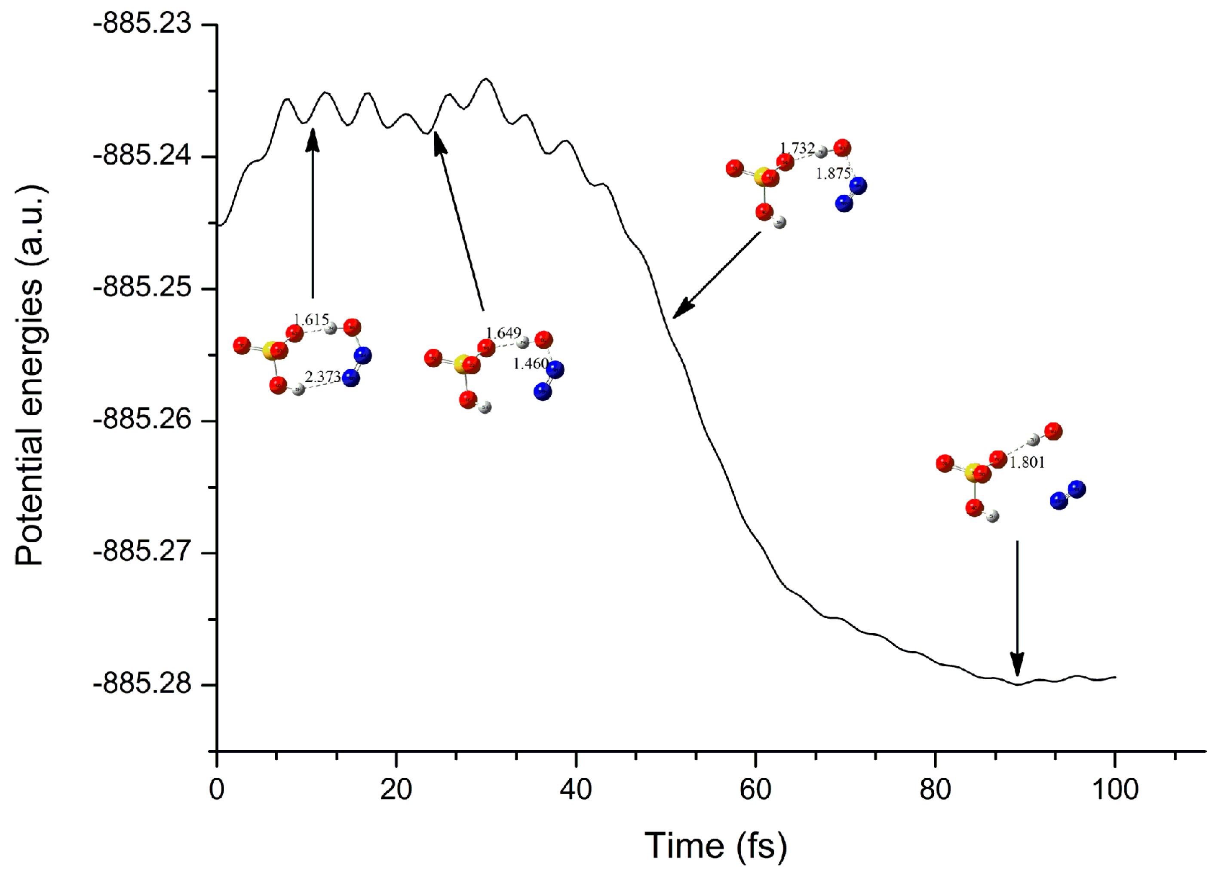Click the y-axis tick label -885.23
142,25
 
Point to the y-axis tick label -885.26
142,420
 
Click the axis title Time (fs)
716,846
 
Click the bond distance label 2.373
323,377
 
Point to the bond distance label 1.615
311,320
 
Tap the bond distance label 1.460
530,364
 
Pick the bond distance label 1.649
503,333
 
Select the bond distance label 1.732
797,148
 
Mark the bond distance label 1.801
1027,463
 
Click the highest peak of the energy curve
486,80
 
